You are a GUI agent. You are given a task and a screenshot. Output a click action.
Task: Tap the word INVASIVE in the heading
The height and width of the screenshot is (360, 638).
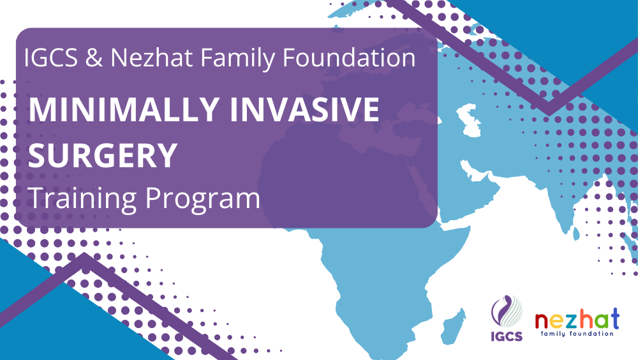304,109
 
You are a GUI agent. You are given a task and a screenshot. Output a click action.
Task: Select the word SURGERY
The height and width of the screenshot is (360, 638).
103,155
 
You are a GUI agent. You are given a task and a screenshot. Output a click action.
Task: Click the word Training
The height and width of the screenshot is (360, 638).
82,199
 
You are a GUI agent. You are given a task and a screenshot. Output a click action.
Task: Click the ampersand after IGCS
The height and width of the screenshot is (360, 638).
94,57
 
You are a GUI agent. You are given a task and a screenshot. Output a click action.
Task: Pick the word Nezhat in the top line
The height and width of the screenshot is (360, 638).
151,57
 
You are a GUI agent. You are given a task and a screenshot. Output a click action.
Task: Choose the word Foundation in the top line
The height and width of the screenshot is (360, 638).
349,57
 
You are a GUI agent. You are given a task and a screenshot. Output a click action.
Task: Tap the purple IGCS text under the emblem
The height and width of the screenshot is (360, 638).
507,336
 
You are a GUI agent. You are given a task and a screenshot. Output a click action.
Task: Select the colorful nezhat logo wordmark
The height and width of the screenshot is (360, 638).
577,319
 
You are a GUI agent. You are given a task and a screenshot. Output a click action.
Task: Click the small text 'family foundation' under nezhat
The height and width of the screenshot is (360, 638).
577,334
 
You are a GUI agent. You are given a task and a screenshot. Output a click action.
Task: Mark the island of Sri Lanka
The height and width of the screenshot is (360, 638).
575,233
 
